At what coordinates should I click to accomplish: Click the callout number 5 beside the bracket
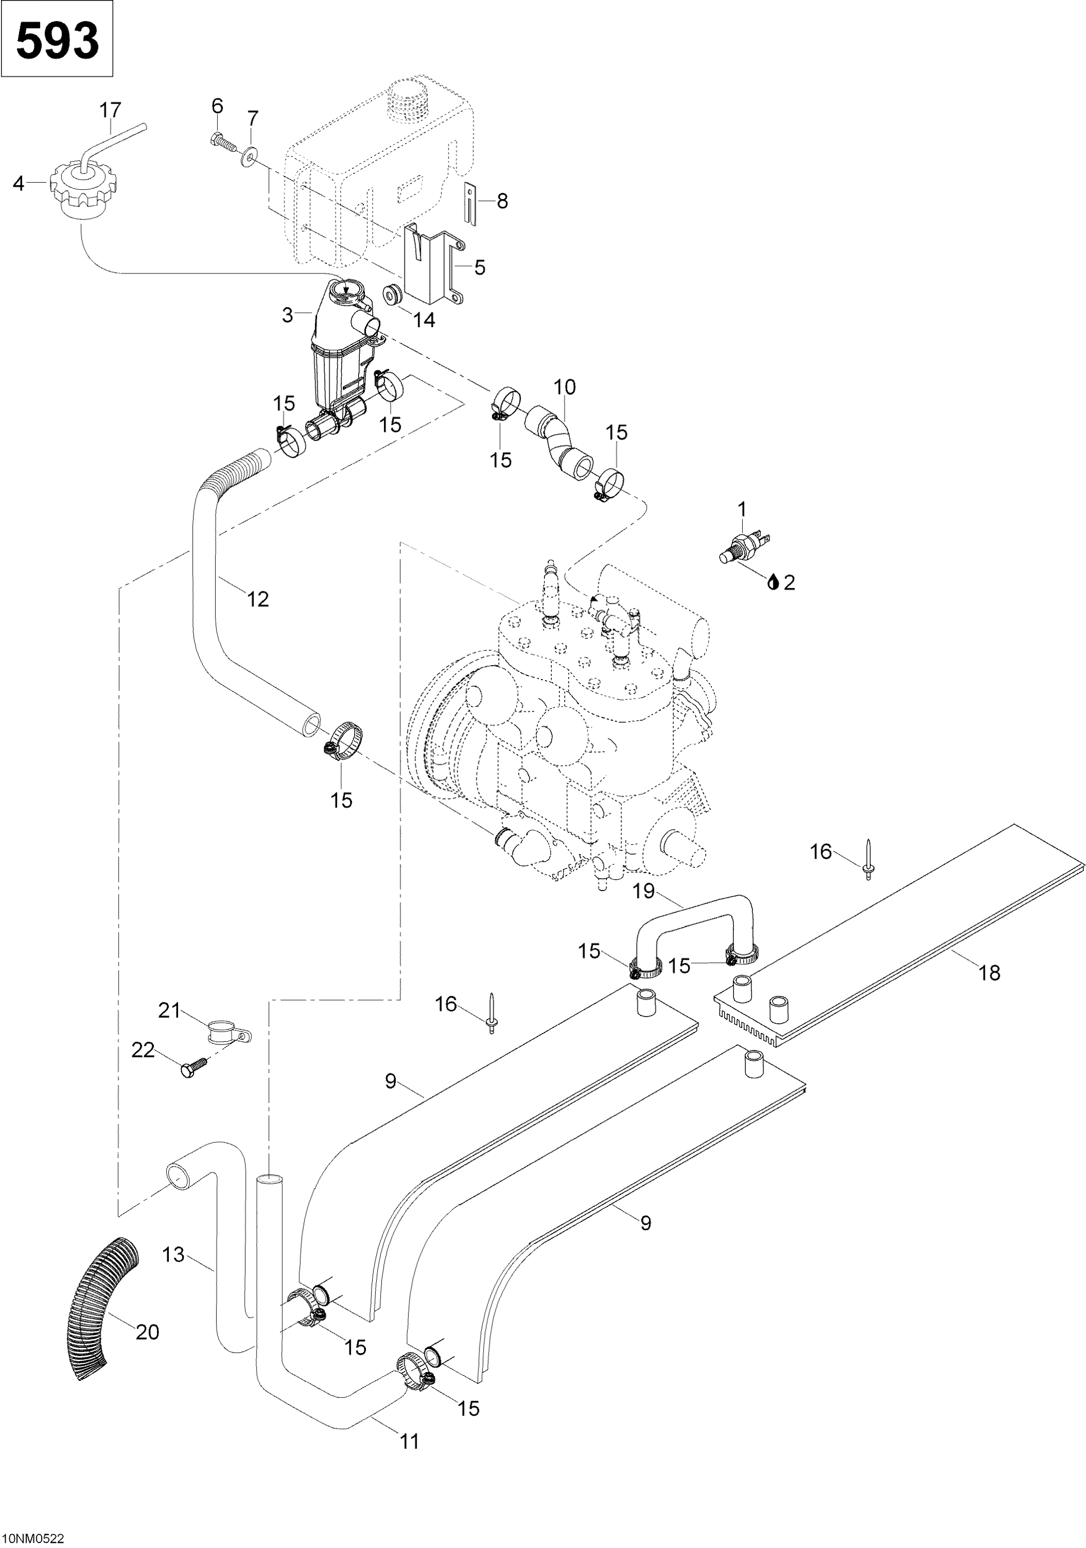click(x=480, y=268)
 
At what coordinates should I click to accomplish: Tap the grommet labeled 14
click(x=392, y=295)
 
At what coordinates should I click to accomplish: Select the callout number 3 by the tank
click(x=288, y=315)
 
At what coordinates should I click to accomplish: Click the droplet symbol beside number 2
click(x=773, y=582)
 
